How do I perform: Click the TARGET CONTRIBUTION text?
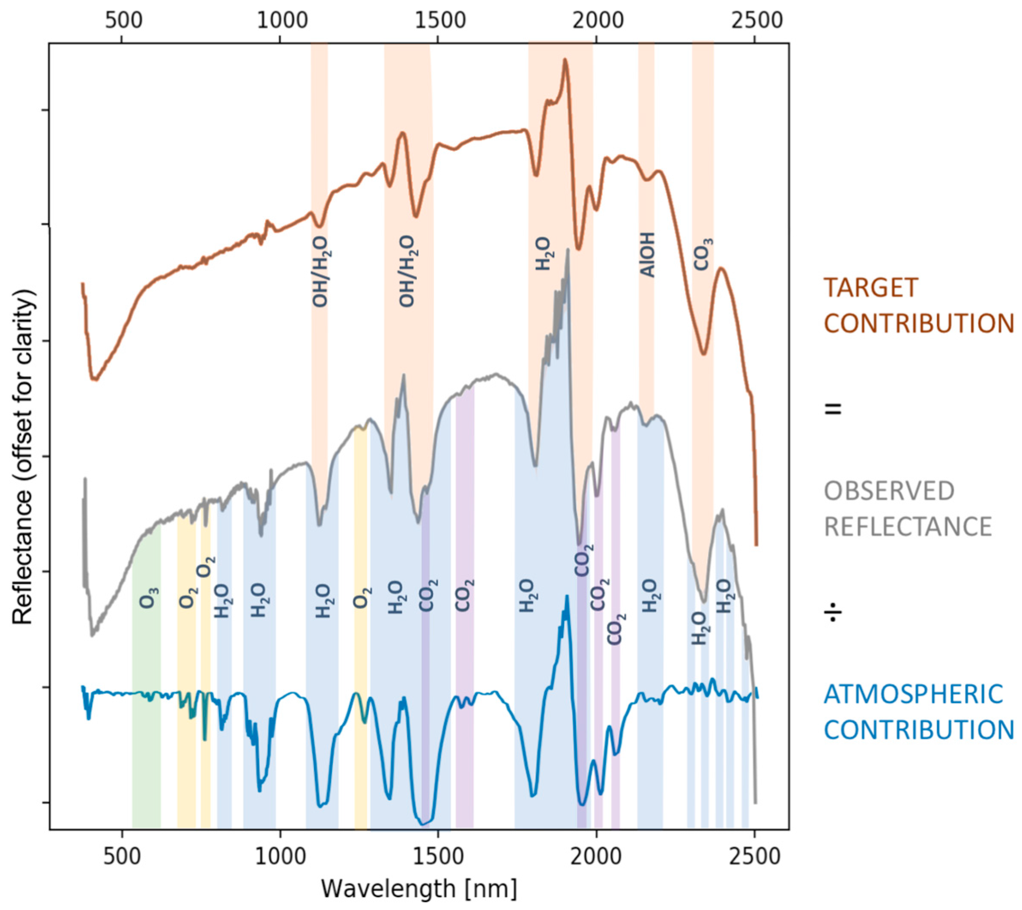[918, 305]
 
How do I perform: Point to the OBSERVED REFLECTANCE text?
[908, 509]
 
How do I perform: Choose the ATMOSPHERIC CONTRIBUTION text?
[918, 712]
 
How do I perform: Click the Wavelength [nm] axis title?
[419, 889]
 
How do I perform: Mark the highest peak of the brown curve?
[565, 60]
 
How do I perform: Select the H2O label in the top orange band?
[543, 254]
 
